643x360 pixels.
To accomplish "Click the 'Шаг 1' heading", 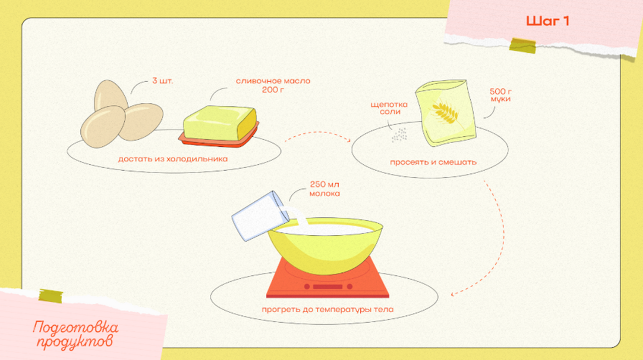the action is click(548, 22).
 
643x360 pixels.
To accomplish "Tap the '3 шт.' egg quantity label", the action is click(162, 81).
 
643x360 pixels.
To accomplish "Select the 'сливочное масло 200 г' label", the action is click(273, 85).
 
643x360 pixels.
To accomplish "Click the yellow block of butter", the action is click(220, 123).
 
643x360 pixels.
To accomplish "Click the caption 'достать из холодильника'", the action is click(173, 159).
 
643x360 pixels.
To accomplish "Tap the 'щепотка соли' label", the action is click(389, 108).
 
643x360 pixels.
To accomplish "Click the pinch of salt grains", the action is click(400, 135).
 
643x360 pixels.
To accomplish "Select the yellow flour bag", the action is click(446, 113).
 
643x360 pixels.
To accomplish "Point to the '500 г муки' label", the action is click(501, 95).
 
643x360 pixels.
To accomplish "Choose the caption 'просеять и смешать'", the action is click(433, 162).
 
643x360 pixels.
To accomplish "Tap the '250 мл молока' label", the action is click(325, 189).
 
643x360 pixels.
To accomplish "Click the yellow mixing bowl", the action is click(325, 245).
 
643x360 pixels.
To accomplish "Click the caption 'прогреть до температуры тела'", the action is click(328, 310).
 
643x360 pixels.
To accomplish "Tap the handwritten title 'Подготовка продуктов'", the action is click(75, 335).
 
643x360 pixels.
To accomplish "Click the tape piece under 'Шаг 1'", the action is click(523, 45).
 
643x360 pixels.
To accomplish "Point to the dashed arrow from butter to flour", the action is click(318, 133).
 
